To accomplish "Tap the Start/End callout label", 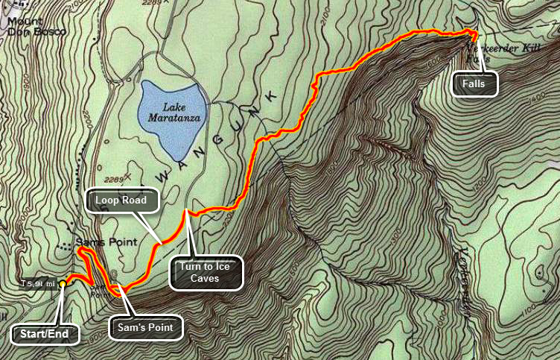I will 45,335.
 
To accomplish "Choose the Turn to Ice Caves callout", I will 206,272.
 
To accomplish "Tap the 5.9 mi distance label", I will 38,283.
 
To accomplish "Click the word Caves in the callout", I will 206,280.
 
